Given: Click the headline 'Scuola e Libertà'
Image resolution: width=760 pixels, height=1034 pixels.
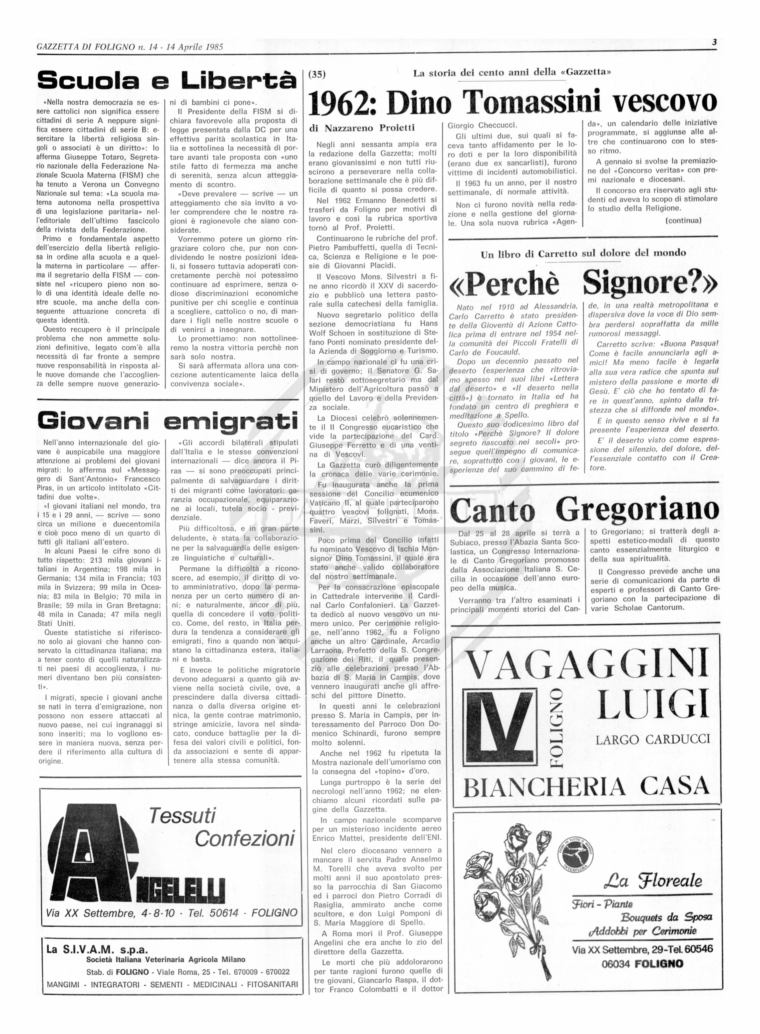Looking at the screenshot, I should (x=167, y=81).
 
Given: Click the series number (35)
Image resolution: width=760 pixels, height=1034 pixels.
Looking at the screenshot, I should (x=316, y=73).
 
